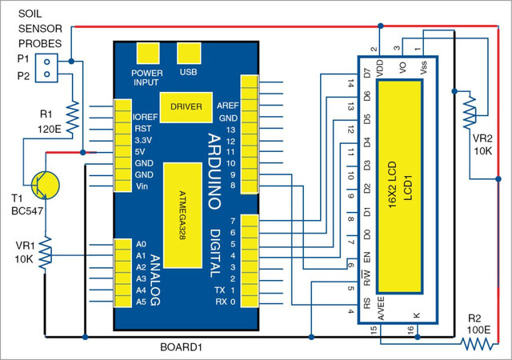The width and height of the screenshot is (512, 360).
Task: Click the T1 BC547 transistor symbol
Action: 46,185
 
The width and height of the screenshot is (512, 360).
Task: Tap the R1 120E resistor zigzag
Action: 73,118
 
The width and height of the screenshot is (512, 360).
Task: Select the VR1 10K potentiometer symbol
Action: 45,253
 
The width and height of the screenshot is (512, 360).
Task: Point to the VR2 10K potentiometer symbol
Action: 470,111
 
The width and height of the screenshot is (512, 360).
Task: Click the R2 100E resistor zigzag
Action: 477,344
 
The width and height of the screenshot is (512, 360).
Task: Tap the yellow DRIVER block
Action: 186,107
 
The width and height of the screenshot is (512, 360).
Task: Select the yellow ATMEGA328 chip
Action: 182,215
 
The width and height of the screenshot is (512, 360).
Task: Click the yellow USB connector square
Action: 189,53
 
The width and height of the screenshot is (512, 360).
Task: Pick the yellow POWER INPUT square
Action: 147,53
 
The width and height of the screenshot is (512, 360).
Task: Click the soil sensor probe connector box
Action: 46,68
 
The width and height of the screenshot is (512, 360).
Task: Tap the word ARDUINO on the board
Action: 214,171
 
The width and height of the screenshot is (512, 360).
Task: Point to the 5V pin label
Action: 140,152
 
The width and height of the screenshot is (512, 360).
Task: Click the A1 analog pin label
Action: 141,256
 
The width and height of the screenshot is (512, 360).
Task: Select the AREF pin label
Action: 227,106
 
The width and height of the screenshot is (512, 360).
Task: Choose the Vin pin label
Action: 142,186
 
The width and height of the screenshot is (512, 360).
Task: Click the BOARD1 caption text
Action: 182,347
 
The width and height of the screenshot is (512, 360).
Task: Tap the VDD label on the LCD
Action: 380,69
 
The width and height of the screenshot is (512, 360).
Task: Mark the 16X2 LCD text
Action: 391,185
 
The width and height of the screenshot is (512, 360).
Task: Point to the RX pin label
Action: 221,302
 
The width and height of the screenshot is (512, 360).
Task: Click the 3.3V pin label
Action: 143,141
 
